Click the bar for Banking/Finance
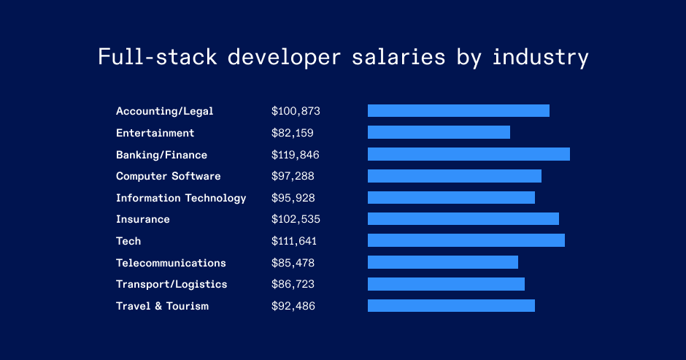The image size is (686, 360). (x=469, y=154)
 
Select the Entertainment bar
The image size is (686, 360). (x=439, y=132)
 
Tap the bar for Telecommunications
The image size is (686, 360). (x=443, y=262)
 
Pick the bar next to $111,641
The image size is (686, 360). (x=466, y=240)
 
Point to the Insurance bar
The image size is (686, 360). (x=463, y=219)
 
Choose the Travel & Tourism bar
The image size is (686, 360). (x=451, y=305)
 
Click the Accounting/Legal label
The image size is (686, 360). (x=165, y=111)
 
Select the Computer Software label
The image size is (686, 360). (x=168, y=176)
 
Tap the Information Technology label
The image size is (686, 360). (x=181, y=198)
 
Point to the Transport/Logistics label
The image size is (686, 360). (x=171, y=284)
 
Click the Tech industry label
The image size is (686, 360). (x=128, y=241)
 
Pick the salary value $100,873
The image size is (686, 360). (x=296, y=111)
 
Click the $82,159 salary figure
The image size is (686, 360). (x=293, y=133)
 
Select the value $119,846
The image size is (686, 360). (x=296, y=155)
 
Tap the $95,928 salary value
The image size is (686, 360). (x=293, y=198)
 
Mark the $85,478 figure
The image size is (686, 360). (x=293, y=263)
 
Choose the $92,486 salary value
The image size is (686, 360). (x=293, y=306)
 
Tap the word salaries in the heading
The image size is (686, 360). (x=404, y=57)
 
